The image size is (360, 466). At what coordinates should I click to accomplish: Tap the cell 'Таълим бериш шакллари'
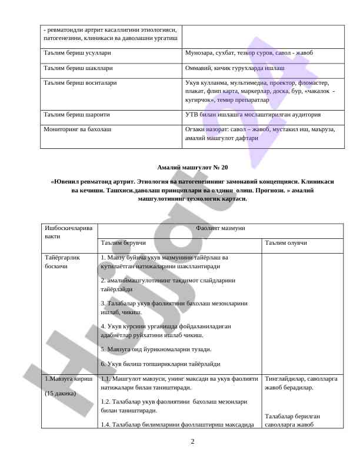[x=74, y=68]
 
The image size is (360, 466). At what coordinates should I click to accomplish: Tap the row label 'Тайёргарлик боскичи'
[x=62, y=262]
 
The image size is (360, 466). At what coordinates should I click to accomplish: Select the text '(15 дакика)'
[x=61, y=393]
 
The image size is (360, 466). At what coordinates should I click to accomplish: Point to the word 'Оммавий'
[x=199, y=68]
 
